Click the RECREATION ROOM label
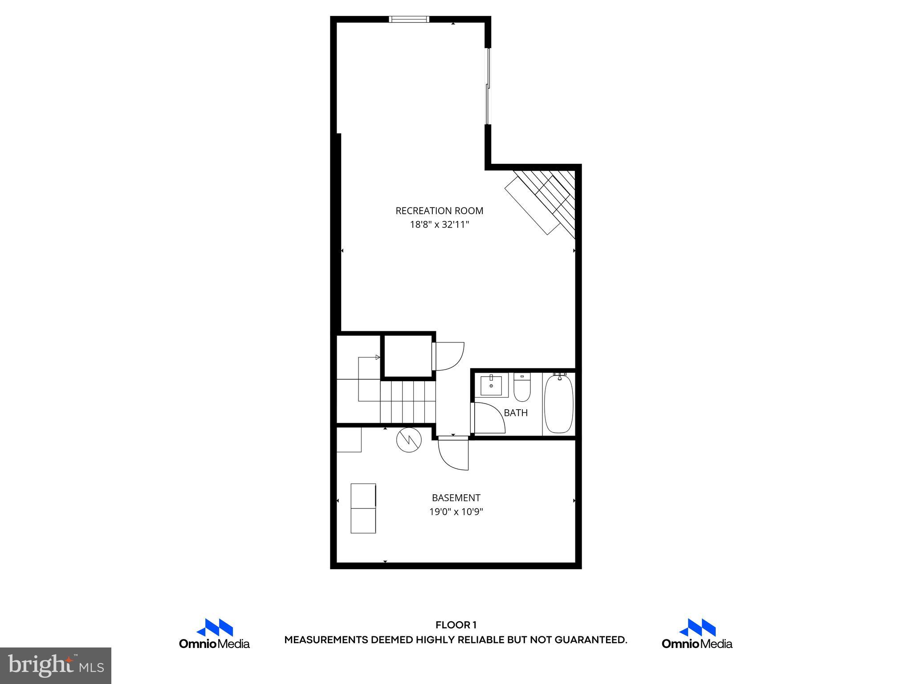coord(439,211)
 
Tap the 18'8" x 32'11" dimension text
coord(439,224)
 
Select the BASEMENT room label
coord(456,497)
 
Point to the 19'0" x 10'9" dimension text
coord(456,512)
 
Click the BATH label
coord(516,413)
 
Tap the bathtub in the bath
coord(558,404)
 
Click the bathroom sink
coord(491,386)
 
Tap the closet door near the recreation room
coord(449,356)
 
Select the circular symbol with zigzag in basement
coord(409,440)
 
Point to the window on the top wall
coord(409,19)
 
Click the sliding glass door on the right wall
coord(488,86)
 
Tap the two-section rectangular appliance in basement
coord(363,508)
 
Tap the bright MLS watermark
coord(56,666)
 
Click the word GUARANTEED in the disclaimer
coord(590,640)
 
